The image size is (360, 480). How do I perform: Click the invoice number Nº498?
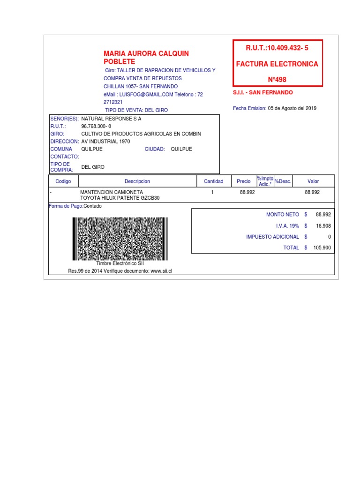click(x=277, y=80)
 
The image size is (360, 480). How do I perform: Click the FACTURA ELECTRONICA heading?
click(x=277, y=64)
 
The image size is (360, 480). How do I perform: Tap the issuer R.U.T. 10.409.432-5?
click(x=277, y=48)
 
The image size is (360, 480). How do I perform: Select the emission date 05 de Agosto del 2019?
click(x=292, y=108)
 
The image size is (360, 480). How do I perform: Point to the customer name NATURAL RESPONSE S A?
click(x=111, y=119)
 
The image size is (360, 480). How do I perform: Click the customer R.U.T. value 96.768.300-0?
click(x=96, y=127)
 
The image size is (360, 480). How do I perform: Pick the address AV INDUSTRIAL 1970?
click(x=105, y=142)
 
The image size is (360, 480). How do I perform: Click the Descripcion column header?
click(x=137, y=181)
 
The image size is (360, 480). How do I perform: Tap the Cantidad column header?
click(x=213, y=181)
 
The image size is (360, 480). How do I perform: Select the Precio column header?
click(x=244, y=181)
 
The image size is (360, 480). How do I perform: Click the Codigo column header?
click(x=63, y=181)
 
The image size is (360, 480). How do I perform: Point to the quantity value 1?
click(x=212, y=192)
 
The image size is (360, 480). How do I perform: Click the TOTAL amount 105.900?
click(x=322, y=248)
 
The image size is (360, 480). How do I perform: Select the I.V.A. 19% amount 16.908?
click(x=323, y=225)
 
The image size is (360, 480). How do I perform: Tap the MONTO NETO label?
click(x=282, y=214)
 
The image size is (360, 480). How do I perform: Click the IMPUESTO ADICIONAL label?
click(x=272, y=237)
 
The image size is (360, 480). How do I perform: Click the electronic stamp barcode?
click(x=120, y=239)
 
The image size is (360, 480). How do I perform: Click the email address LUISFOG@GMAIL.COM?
click(x=146, y=94)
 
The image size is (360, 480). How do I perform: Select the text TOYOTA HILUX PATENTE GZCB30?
click(x=120, y=198)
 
